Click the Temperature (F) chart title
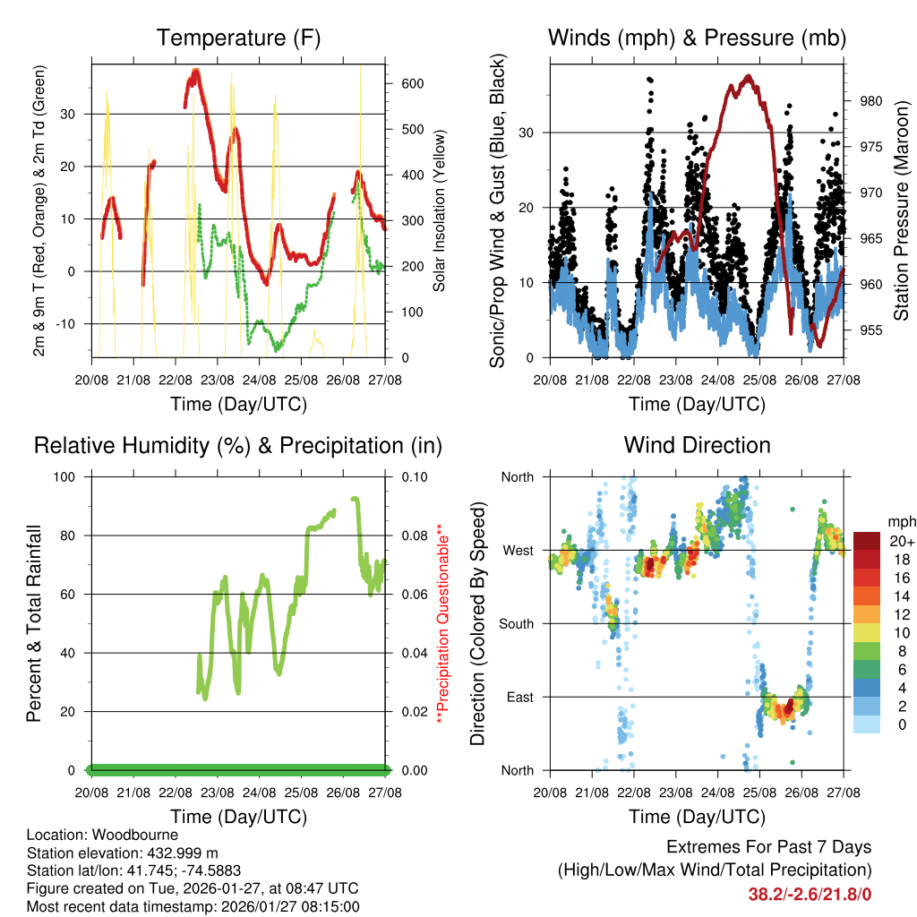tap(238, 38)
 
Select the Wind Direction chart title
tap(697, 444)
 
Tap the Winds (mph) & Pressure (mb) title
tap(697, 38)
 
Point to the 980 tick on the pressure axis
tap(871, 100)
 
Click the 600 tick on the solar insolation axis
tap(413, 83)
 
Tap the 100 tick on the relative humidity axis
tap(69, 476)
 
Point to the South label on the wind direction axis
tap(517, 623)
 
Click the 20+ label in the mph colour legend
tap(901, 541)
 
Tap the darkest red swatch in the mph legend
tap(868, 541)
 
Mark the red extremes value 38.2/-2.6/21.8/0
tap(810, 893)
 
